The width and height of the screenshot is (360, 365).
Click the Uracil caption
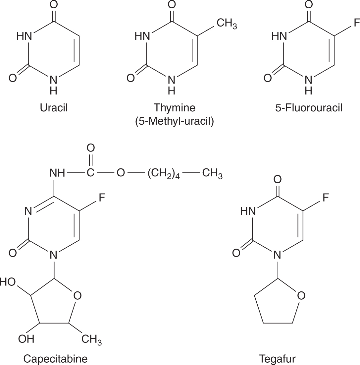point(53,108)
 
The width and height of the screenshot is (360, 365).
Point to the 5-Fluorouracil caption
point(309,108)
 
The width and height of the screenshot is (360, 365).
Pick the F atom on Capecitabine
point(102,198)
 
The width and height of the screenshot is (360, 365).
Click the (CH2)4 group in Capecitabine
point(164,174)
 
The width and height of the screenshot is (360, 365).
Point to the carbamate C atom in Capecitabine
point(90,173)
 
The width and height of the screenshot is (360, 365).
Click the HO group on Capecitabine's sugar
point(8,282)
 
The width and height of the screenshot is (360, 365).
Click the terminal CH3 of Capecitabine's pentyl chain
point(212,174)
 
